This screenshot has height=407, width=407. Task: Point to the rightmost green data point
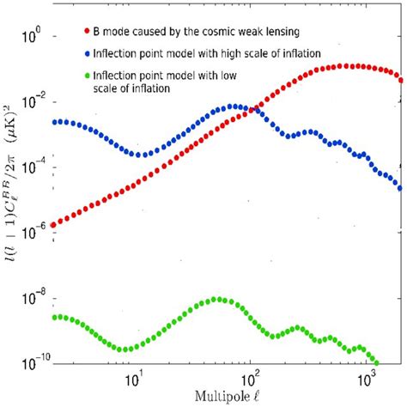tap(374, 361)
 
